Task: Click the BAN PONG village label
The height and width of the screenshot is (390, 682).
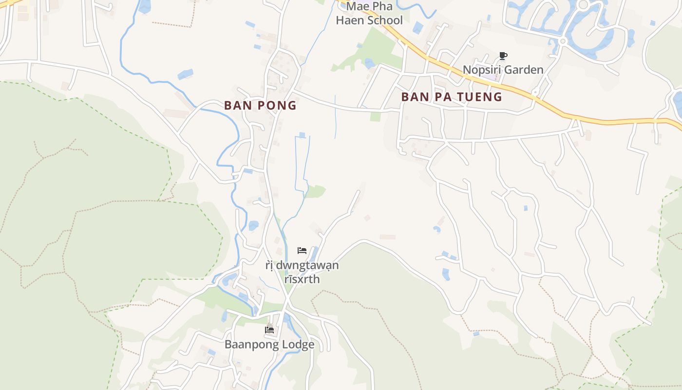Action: (260, 105)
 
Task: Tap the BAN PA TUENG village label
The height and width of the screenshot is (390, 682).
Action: (451, 97)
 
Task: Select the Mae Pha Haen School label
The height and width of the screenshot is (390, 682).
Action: (369, 14)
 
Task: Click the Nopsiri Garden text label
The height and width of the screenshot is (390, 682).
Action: (503, 70)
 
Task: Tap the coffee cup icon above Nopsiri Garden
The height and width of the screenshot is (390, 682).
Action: (503, 56)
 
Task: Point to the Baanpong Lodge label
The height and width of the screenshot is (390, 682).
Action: (269, 345)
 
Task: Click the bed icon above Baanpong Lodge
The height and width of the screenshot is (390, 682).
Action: (269, 330)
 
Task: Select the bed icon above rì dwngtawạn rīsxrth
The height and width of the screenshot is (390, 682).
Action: (302, 251)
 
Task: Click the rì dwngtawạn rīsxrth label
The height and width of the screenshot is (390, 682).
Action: (302, 272)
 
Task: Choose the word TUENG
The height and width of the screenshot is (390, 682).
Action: (480, 97)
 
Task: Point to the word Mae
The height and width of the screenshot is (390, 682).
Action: (357, 7)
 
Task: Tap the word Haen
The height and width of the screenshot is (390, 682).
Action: (348, 20)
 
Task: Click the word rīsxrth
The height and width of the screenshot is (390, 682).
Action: (302, 279)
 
